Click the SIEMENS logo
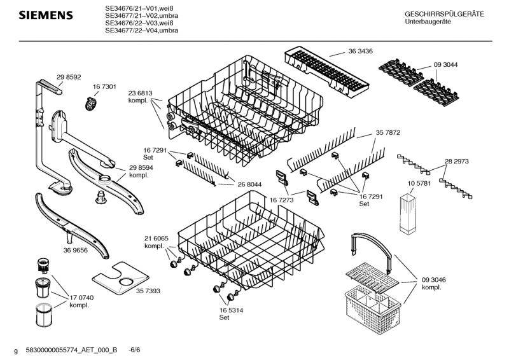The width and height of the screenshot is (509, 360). tap(46, 15)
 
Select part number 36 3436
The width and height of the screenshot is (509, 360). tap(360, 51)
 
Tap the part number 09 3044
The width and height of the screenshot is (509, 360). tap(446, 65)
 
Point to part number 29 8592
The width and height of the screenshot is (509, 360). tap(69, 77)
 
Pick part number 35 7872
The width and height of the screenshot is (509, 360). tap(388, 132)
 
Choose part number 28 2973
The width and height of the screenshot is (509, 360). tap(457, 162)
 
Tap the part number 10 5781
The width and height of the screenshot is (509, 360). tap(419, 183)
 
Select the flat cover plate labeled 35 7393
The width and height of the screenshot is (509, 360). tap(120, 278)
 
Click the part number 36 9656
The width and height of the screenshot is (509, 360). tap(75, 250)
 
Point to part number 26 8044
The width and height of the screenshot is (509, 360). tap(249, 184)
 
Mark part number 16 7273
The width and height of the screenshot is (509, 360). tap(281, 200)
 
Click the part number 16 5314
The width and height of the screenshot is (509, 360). tap(231, 310)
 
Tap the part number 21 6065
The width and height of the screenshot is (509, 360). tap(157, 239)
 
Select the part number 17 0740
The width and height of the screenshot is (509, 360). tap(81, 298)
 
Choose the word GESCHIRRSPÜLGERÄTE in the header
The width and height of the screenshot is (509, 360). tap(444, 14)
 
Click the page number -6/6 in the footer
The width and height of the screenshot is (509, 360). tap(135, 350)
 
